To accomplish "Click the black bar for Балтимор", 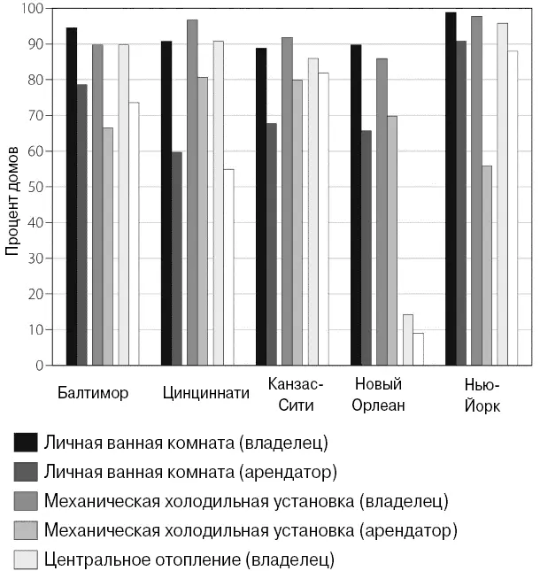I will tap(72, 197).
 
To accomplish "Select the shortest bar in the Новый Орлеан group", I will tap(418, 349).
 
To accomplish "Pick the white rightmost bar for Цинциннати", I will tap(228, 266).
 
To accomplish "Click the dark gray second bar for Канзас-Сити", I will tap(272, 243).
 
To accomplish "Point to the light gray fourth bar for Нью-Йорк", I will tap(487, 265).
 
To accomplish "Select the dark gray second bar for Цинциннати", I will tap(177, 258).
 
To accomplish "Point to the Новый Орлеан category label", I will tap(379, 394).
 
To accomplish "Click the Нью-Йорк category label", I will tap(482, 394).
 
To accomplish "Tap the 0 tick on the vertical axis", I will tap(39, 365).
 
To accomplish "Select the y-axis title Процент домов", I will tap(12, 200).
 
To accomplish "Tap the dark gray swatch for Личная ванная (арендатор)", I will tap(26, 470).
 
